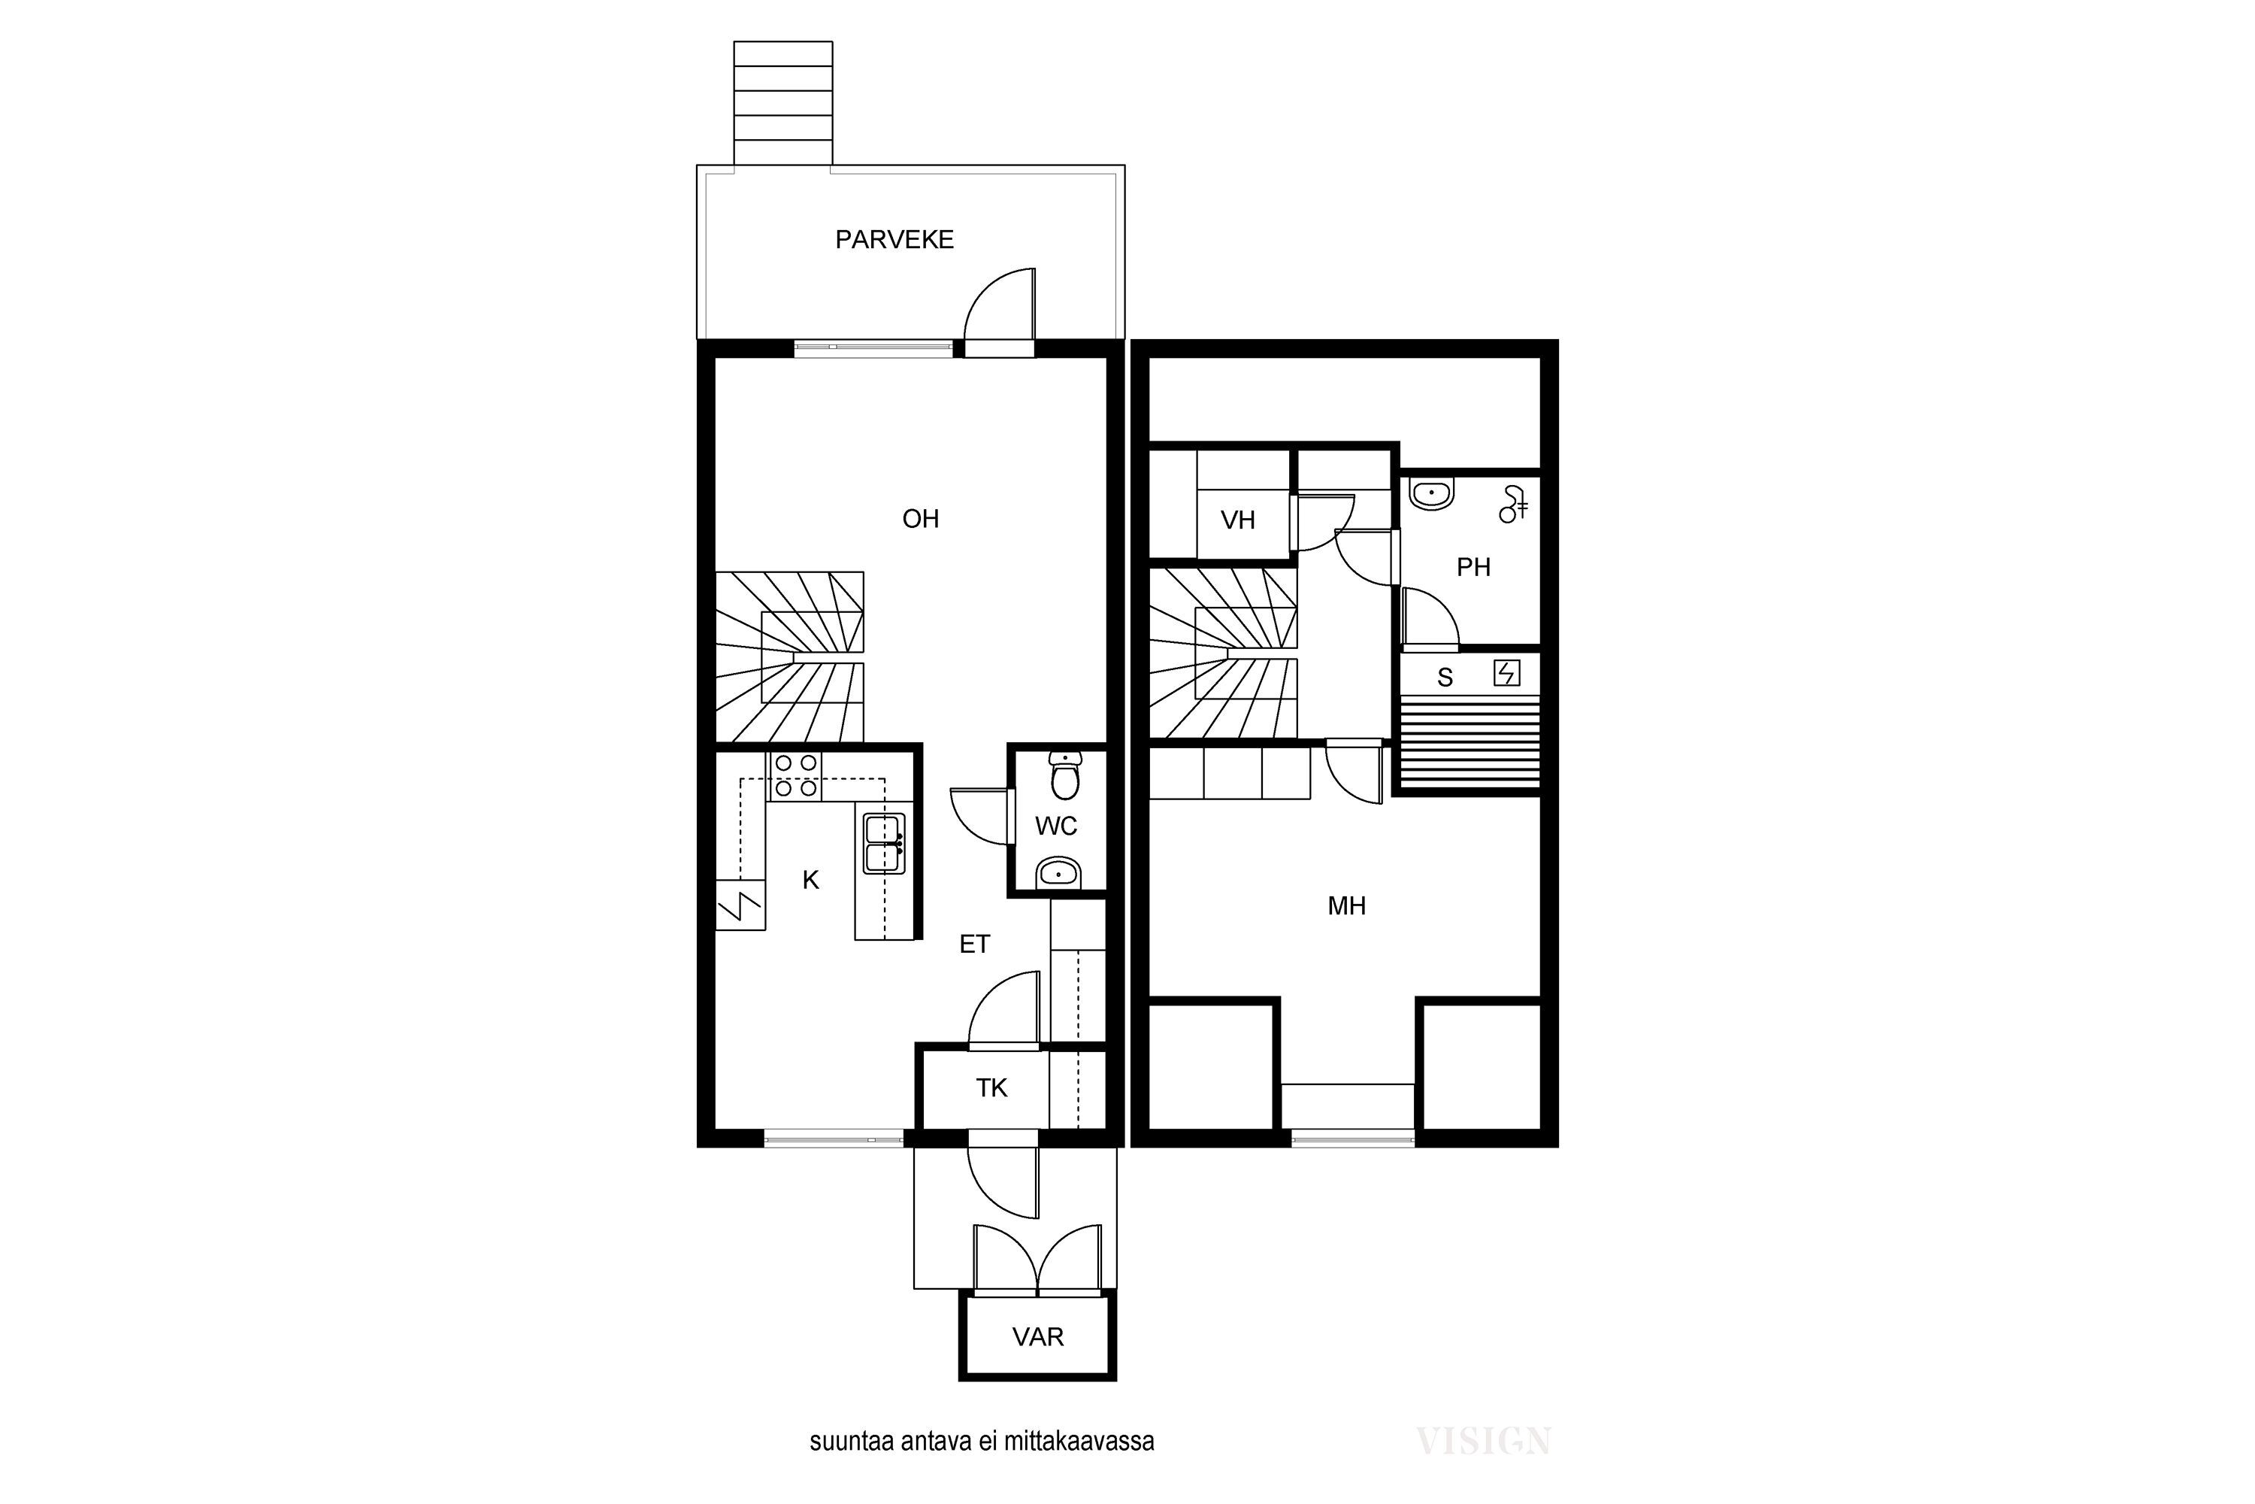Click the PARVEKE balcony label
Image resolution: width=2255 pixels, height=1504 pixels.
(x=894, y=240)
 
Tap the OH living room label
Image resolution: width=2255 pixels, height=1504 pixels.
(x=920, y=519)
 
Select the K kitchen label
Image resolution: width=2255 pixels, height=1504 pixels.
(x=811, y=881)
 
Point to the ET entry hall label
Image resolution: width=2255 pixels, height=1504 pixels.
(x=974, y=945)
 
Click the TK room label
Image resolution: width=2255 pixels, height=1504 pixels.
(x=991, y=1087)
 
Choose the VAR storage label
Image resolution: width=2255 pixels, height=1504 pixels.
(x=1037, y=1337)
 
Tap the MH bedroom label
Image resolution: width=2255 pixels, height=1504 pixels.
(x=1346, y=905)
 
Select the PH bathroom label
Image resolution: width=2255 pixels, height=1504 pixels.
(x=1473, y=568)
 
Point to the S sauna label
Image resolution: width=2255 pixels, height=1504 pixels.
(x=1445, y=678)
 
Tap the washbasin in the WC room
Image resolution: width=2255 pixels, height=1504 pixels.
(x=1058, y=873)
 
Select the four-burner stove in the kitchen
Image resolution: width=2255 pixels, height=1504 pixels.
(x=797, y=776)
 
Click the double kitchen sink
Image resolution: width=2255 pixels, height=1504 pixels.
(x=884, y=844)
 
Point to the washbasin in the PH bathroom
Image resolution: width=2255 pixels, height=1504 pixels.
(x=1431, y=493)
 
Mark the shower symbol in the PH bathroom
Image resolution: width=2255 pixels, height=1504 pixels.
(x=1513, y=505)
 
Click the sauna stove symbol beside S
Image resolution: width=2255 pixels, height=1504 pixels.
(x=1507, y=673)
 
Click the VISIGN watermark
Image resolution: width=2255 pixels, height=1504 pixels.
(x=1483, y=1442)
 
